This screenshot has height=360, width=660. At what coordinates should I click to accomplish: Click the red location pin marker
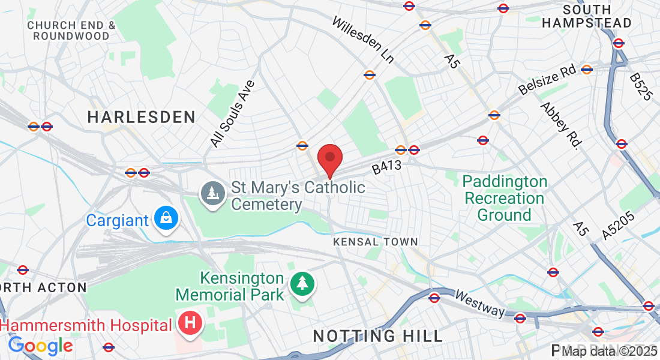point(329,159)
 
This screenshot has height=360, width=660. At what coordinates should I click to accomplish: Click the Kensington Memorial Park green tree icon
point(302,285)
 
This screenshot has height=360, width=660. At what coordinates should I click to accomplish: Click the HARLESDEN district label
point(142,117)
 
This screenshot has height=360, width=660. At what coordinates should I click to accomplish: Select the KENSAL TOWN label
point(376,242)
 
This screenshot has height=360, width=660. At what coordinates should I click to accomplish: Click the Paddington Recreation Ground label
point(505,198)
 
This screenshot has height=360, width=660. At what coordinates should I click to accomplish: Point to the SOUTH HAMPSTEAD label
point(587,17)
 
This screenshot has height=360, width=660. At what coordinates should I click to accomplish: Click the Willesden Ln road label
point(363,40)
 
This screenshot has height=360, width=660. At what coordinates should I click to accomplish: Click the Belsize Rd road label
point(547,80)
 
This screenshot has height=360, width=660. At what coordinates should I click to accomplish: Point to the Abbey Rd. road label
point(562,125)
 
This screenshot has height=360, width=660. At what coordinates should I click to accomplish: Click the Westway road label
point(479,304)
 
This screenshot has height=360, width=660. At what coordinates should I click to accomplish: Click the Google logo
point(40,346)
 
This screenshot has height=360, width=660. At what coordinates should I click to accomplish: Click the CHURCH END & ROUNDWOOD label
point(71,31)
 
